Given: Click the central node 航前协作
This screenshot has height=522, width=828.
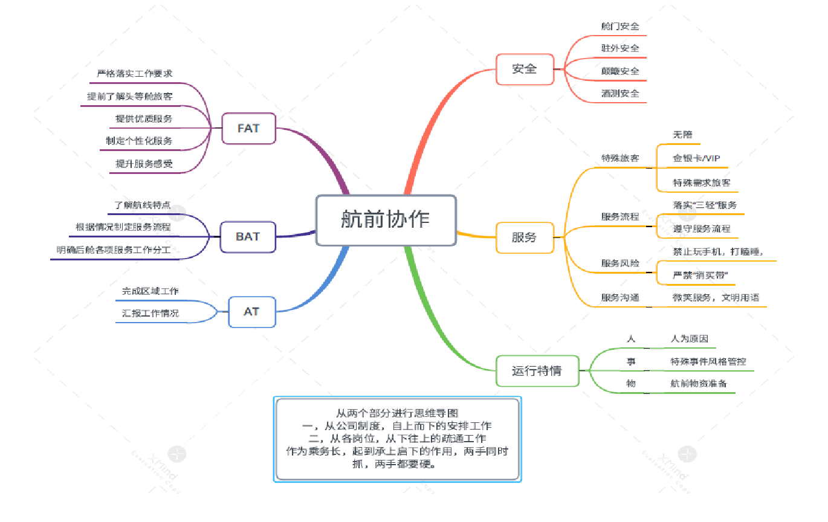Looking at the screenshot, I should pos(386,220).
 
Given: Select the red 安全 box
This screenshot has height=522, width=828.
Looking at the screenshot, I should pos(525,69).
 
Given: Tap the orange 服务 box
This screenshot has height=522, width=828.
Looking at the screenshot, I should pos(525,237).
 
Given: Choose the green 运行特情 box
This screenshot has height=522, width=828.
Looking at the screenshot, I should pos(537,370).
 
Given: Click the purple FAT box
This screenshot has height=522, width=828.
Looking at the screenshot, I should pos(248,128).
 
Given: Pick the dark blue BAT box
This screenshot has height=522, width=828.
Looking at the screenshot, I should pos(248,237).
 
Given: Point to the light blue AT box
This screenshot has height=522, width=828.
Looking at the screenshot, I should pos(251,312).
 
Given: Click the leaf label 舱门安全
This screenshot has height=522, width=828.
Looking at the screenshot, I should pos(620,26).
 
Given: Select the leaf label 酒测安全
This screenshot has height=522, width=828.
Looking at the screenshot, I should pos(620,94).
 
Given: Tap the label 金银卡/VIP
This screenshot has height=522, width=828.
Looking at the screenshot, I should pos(696,159).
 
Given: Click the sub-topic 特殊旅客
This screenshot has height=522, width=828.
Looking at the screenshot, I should pos(620,158).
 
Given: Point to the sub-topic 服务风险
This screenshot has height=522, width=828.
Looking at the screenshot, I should pos(620,263).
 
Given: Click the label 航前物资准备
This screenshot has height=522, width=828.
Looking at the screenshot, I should pos(699,383).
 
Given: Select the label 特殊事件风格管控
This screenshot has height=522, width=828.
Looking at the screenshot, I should pos(708,361).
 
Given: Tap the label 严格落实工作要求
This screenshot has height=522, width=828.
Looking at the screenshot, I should pos(134,73).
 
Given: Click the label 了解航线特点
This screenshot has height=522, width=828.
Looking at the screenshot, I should pos(143,205).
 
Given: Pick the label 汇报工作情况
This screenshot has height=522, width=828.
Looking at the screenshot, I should pos(150,313).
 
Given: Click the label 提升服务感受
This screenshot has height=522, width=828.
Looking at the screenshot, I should pos(144,163).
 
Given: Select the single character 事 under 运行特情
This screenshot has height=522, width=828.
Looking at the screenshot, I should pos(631,361).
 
